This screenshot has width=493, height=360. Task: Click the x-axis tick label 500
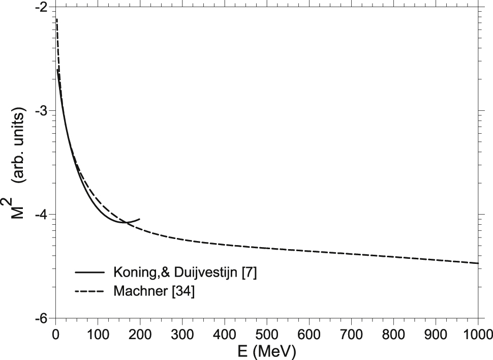(267, 334)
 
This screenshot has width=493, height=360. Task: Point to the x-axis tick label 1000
(478, 334)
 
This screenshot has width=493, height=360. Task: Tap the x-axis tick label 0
(55, 334)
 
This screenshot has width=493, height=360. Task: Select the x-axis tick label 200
(140, 334)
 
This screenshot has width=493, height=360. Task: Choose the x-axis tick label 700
(351, 334)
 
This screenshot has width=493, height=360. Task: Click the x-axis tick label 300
(182, 334)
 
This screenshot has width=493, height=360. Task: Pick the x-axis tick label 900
(436, 334)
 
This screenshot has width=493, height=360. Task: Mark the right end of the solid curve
(140, 219)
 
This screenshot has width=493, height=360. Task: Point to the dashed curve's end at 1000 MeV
(478, 263)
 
